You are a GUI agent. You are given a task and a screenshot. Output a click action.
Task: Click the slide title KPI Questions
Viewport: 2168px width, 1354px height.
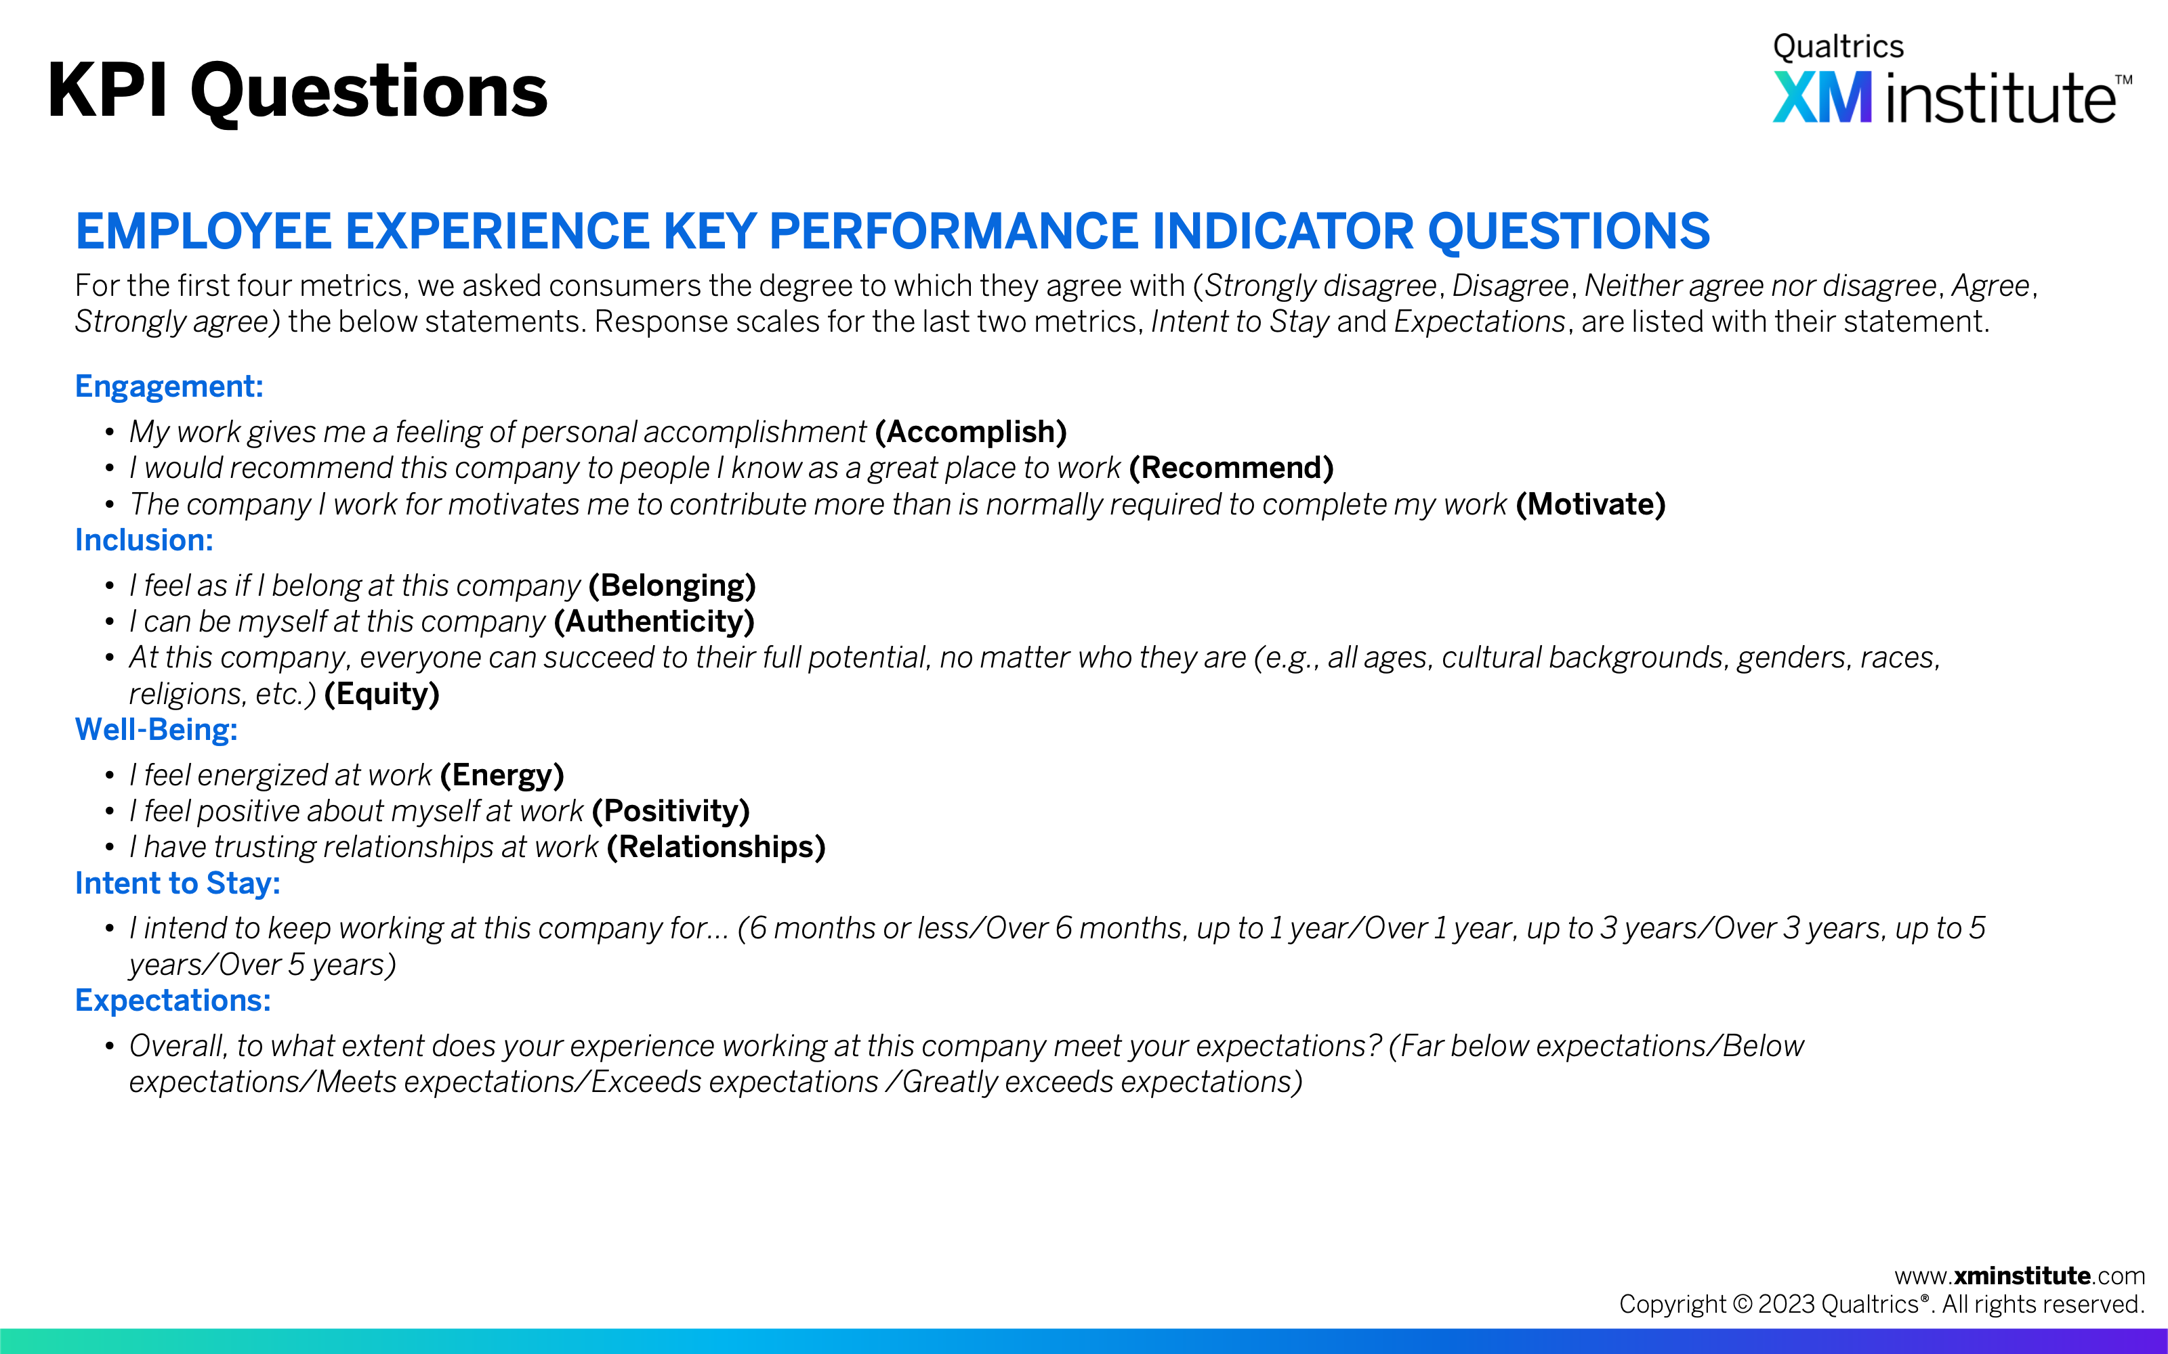click(297, 92)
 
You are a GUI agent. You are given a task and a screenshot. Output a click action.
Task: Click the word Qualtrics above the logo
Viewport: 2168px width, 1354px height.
click(1838, 47)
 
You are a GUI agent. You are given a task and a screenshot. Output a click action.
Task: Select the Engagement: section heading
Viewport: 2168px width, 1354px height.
click(169, 387)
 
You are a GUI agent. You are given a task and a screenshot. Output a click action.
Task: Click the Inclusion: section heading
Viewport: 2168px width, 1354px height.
click(144, 541)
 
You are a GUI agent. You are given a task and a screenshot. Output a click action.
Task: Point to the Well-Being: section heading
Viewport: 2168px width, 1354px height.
click(157, 730)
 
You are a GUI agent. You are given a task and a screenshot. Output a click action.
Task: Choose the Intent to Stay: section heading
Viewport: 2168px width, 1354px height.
click(178, 884)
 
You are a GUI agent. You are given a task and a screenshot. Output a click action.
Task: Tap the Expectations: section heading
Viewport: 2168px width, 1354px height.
click(173, 1001)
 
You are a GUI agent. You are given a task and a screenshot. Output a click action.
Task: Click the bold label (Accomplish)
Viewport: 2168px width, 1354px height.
click(971, 433)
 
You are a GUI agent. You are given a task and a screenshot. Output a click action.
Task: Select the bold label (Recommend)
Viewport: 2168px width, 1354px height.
click(1232, 468)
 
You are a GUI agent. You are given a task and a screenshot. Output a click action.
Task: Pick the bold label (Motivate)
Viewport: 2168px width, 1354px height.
click(1591, 505)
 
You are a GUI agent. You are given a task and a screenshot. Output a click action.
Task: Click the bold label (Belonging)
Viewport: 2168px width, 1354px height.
click(673, 586)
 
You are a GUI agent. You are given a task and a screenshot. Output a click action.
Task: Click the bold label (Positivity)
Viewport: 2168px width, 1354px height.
click(671, 811)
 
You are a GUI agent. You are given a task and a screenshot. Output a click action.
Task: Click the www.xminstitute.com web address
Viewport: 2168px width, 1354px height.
click(2020, 1276)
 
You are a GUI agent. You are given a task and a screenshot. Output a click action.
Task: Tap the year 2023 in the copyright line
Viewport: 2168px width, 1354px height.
click(1787, 1305)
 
